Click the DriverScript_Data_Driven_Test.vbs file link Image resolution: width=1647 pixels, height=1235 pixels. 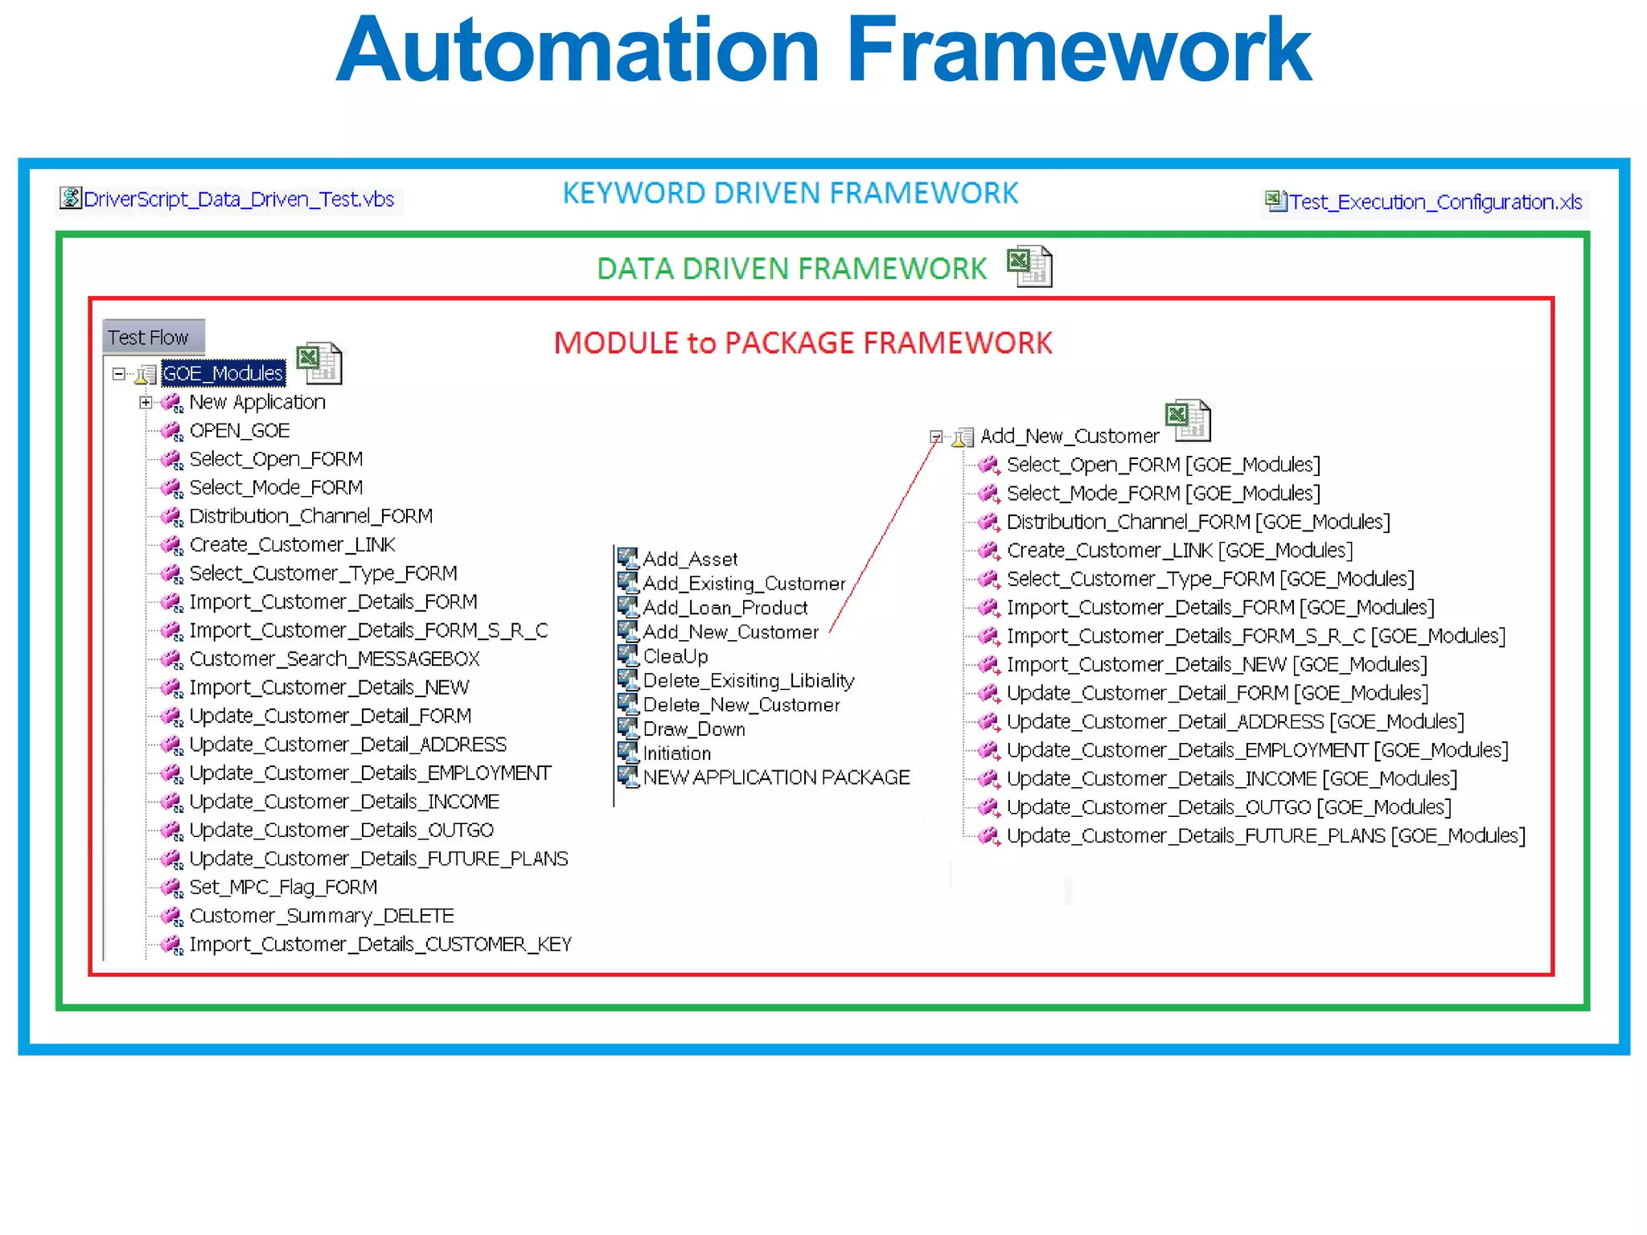pos(238,199)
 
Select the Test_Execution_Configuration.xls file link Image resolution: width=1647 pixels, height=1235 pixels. pos(1435,202)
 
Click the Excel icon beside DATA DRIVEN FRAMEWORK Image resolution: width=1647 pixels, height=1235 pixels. pos(1029,266)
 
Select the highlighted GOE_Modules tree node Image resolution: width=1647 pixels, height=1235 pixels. pos(223,373)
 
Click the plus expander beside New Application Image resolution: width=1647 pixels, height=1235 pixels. pos(146,402)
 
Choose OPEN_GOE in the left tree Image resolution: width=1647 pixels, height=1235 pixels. pos(239,431)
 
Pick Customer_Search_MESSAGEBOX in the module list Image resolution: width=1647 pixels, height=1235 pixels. pos(334,659)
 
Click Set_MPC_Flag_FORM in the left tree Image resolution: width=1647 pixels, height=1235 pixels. pos(282,888)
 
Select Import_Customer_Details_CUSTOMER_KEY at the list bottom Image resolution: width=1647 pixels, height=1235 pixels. pos(380,945)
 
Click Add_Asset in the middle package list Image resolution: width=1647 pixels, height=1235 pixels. pos(689,559)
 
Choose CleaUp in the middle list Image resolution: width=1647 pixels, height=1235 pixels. pos(675,656)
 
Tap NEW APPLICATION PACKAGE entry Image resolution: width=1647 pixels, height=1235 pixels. pos(775,778)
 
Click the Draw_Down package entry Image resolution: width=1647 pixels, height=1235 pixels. pos(693,729)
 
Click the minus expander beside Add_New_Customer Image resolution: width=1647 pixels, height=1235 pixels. pos(936,437)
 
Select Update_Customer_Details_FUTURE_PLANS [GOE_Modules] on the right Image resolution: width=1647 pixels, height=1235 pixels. pos(1265,836)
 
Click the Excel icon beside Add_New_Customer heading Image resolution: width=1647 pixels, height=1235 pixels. pos(1188,421)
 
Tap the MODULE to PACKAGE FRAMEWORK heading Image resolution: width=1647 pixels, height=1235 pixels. pos(803,343)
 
